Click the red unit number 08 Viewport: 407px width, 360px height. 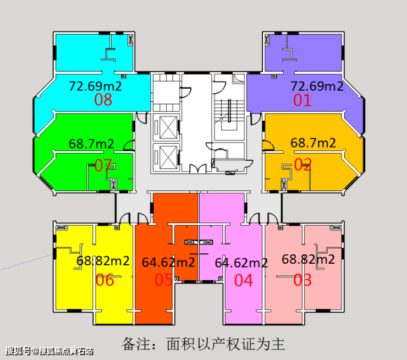pos(103,100)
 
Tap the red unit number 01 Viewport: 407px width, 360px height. pos(302,100)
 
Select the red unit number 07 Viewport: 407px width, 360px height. pos(103,166)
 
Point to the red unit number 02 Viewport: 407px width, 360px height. pos(302,164)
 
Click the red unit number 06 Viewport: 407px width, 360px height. pos(105,280)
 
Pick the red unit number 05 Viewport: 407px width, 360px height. pos(163,280)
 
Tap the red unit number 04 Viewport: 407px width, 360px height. pos(244,281)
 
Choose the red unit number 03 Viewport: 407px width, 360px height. pos(302,280)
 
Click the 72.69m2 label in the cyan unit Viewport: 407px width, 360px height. pos(95,86)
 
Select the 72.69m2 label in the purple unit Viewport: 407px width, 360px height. pos(317,86)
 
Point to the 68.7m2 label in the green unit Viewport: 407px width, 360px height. pos(91,144)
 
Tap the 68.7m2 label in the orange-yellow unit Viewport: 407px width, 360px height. pos(313,143)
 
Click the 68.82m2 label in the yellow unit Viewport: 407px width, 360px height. pos(103,260)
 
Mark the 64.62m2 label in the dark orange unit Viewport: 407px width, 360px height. pos(168,262)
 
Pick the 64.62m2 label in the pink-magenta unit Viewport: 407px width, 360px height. pos(241,263)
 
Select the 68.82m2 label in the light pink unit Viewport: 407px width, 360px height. pos(309,259)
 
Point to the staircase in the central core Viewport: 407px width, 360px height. pos(229,115)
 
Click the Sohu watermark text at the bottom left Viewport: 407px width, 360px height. pos(50,351)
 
